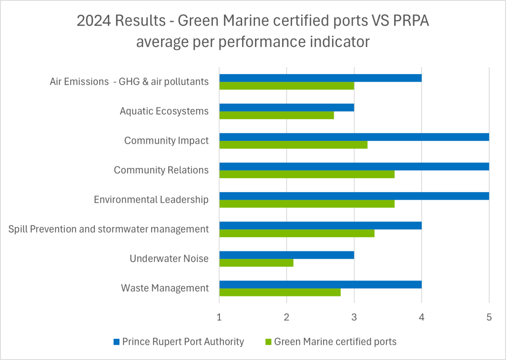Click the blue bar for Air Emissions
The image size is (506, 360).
320,78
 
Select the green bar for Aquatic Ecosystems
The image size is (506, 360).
277,116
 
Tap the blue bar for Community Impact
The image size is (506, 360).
354,137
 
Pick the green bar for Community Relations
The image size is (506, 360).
307,174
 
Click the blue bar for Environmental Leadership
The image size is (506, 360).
354,196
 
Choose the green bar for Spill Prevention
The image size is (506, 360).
297,234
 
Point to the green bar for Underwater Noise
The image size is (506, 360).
256,263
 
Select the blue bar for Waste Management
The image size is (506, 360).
320,284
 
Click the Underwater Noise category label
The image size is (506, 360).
169,259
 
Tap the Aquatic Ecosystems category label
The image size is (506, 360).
164,111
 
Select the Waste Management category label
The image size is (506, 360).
165,288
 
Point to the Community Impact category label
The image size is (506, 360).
166,141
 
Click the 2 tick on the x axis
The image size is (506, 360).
287,318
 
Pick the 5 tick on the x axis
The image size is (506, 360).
489,318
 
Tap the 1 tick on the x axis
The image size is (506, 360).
219,318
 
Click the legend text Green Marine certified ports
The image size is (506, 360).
335,342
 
